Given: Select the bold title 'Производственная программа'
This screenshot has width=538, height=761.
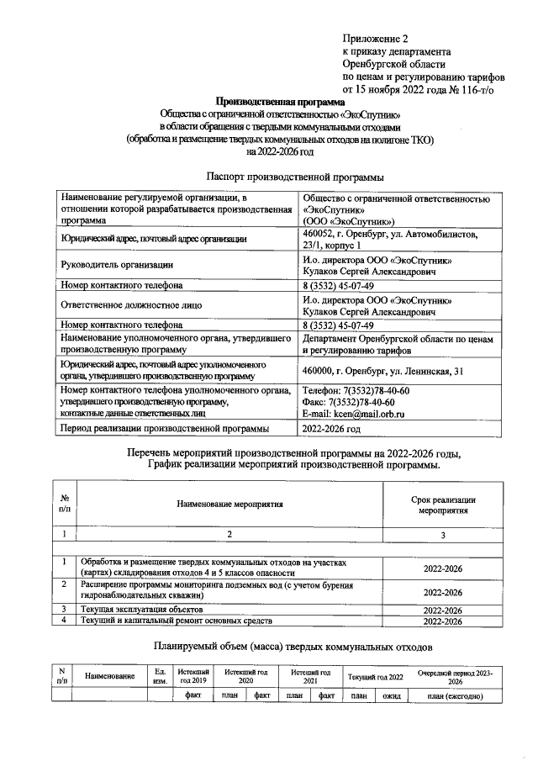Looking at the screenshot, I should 268,102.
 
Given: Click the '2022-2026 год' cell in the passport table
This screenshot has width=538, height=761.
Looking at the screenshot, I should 331,430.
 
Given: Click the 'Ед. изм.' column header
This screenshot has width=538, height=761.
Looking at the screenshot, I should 159,677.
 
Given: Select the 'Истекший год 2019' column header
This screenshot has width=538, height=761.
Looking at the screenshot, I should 193,677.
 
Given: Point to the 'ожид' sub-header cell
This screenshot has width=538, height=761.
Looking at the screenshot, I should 389,695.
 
